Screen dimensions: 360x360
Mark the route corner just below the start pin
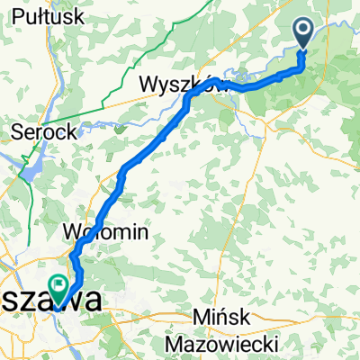[303, 66]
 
